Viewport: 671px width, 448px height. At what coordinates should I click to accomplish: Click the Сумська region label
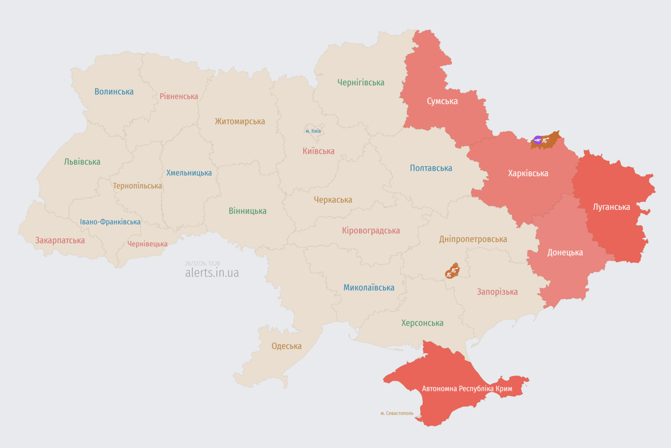[x=442, y=101]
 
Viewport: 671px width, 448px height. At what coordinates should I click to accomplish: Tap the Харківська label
[x=528, y=173]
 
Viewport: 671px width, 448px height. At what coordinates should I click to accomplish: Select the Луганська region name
[x=611, y=206]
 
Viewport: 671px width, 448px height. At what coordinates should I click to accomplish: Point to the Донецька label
[x=565, y=253]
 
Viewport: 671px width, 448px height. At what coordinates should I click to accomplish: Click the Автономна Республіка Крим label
[x=467, y=388]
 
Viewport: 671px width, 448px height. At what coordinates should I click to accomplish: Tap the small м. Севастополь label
[x=397, y=413]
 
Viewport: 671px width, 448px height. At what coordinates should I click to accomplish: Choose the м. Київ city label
[x=313, y=131]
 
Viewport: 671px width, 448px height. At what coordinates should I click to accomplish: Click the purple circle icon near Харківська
[x=538, y=141]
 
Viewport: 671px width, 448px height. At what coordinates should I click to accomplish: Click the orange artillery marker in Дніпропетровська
[x=452, y=271]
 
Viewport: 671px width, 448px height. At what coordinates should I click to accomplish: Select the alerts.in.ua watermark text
[x=212, y=273]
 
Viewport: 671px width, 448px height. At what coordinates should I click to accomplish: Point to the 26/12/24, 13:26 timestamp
[x=202, y=263]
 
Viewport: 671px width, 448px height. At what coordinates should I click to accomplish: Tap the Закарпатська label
[x=60, y=240]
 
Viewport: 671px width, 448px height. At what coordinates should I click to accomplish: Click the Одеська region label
[x=287, y=346]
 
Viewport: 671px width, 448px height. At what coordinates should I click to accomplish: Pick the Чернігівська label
[x=361, y=82]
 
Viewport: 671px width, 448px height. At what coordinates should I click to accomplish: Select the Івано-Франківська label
[x=110, y=222]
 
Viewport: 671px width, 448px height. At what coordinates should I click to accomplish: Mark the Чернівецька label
[x=147, y=244]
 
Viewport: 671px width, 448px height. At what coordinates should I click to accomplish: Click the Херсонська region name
[x=422, y=323]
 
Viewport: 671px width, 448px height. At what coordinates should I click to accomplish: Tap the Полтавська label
[x=431, y=168]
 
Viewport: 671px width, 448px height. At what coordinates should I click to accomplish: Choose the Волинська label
[x=114, y=92]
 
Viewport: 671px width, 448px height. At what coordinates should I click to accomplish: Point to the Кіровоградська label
[x=371, y=230]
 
